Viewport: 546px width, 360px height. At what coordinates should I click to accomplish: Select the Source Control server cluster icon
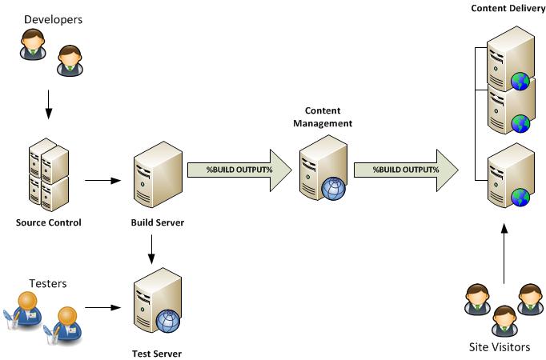tap(46, 174)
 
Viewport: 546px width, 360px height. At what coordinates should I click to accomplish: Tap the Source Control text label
tap(48, 222)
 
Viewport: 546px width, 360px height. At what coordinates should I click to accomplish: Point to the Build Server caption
tap(158, 222)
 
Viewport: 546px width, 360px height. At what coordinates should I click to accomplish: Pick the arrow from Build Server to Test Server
tap(152, 251)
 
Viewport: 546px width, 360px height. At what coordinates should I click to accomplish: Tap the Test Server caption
tap(156, 353)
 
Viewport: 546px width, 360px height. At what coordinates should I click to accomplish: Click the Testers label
tap(47, 283)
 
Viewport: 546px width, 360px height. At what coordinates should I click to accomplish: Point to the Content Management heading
tap(323, 117)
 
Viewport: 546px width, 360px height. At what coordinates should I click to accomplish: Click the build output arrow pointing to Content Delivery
tap(404, 170)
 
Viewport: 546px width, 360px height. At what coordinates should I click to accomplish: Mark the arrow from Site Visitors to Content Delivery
tap(504, 255)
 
